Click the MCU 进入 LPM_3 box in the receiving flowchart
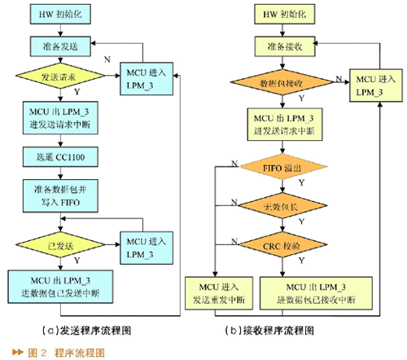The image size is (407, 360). (x=374, y=86)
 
